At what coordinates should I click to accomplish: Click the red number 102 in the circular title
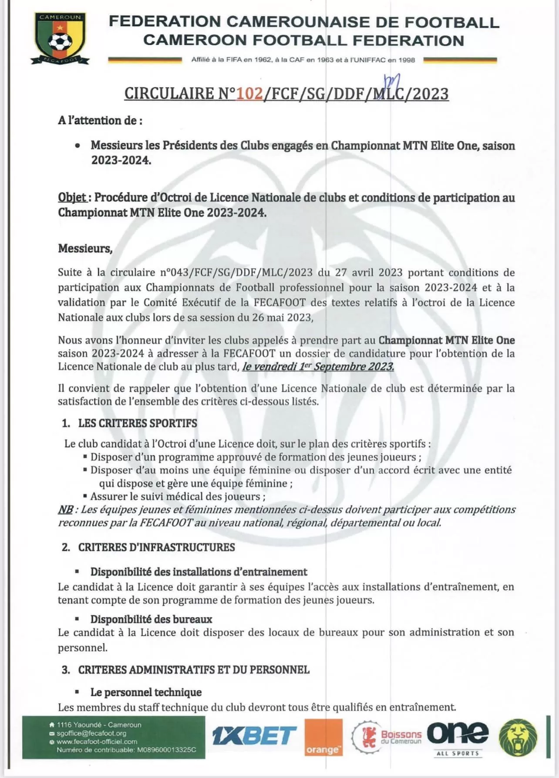(249, 94)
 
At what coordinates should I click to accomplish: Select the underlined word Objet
(72, 198)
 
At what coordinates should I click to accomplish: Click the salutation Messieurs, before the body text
(85, 249)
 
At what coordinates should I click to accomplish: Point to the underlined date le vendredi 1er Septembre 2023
(318, 367)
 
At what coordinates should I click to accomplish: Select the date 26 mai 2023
(282, 318)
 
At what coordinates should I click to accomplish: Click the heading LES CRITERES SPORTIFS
(138, 423)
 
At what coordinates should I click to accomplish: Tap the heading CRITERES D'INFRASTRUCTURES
(156, 548)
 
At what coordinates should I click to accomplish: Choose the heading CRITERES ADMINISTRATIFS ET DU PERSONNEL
(194, 670)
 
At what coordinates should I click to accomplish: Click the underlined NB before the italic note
(66, 510)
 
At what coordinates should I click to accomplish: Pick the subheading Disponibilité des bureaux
(151, 619)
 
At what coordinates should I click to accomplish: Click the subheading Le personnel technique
(146, 692)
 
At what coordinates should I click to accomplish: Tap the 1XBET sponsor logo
(254, 736)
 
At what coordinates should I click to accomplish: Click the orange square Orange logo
(323, 737)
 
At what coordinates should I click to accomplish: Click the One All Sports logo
(458, 737)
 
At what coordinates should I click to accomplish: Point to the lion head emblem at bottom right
(518, 737)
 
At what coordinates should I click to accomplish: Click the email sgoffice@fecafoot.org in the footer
(91, 733)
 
